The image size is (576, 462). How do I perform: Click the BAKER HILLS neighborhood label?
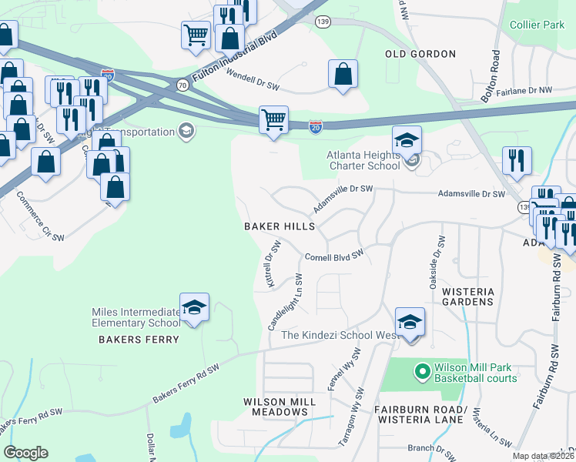pos(280,226)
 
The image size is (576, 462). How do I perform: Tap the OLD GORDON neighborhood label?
pos(420,54)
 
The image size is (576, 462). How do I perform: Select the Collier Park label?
pos(537,25)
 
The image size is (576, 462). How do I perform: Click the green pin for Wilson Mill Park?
pos(422,372)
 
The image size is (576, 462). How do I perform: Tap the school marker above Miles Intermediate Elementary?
pos(195,308)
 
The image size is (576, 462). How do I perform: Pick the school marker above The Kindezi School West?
pos(410,322)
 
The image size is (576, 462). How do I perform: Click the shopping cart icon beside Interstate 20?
pos(273,121)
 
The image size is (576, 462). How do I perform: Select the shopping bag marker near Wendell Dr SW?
pos(343,75)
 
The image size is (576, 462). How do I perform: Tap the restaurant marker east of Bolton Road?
pos(516,160)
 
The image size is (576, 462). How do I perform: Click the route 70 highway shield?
pos(183,85)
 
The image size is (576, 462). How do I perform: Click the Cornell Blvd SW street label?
pos(333,257)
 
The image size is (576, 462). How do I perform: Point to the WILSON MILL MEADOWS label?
pos(276,407)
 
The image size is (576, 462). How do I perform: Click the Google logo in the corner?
pos(25,452)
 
